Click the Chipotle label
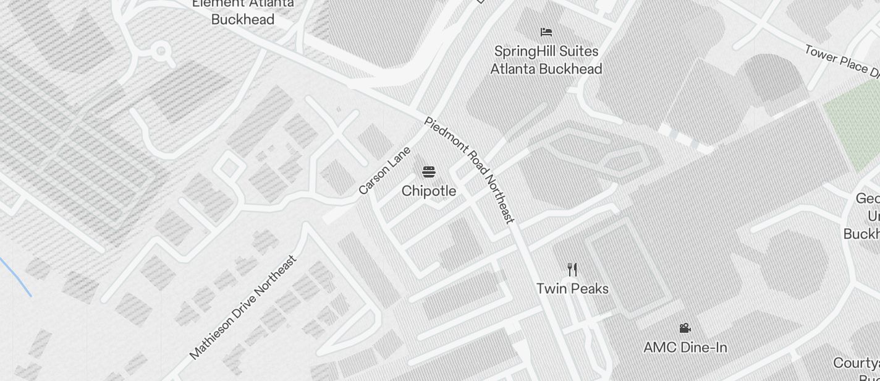point(429,191)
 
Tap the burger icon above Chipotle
point(429,171)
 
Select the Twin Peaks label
point(572,289)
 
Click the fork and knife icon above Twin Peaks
point(572,269)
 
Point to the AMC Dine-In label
point(685,348)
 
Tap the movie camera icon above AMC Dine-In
point(685,328)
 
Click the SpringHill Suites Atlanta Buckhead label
point(546,60)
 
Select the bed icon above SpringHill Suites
point(546,32)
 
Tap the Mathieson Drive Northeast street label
point(243,307)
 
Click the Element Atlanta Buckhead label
point(243,12)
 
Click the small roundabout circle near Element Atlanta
point(162,51)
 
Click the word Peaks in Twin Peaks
point(589,289)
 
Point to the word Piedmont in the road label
point(446,139)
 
